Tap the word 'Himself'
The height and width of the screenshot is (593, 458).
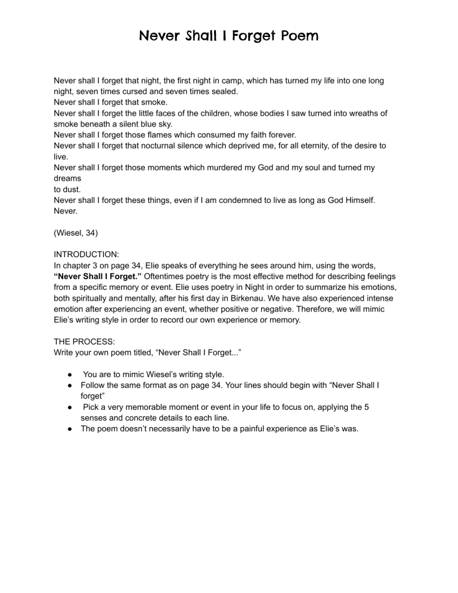point(353,202)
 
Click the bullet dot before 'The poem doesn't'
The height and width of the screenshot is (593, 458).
point(70,428)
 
